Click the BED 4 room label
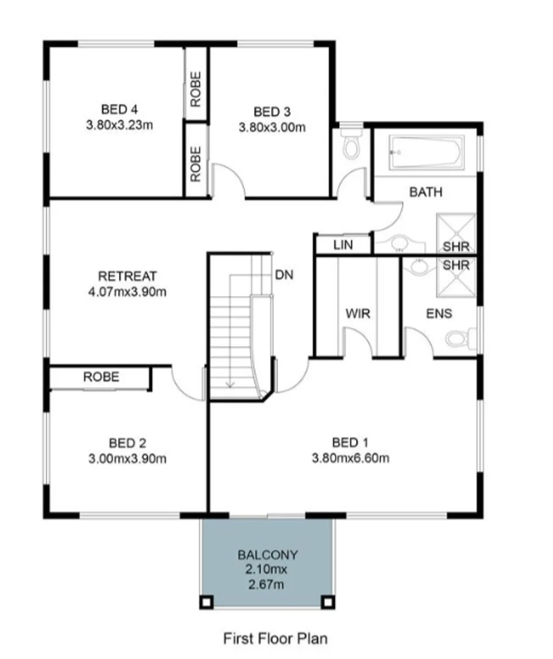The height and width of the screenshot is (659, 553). [x=119, y=110]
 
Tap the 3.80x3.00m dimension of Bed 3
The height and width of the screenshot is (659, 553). [x=272, y=128]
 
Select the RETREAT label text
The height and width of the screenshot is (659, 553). [x=128, y=276]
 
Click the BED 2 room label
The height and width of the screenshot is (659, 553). [x=127, y=442]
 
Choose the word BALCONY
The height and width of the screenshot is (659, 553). [x=268, y=555]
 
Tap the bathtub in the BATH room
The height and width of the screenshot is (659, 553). [x=427, y=153]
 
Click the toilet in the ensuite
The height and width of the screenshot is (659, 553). [x=460, y=337]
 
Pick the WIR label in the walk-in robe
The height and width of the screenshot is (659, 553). [x=357, y=314]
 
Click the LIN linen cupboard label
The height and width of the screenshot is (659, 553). [x=343, y=245]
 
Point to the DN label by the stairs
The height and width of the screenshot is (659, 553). [x=284, y=275]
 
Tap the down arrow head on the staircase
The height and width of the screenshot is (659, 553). [x=230, y=384]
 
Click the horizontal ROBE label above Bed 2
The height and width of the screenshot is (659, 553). [x=101, y=377]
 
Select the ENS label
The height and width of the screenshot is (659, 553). [x=439, y=314]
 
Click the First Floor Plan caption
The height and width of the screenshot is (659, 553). [x=275, y=638]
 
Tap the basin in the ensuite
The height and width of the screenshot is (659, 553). [x=420, y=266]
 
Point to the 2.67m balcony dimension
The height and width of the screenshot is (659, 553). [x=268, y=585]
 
